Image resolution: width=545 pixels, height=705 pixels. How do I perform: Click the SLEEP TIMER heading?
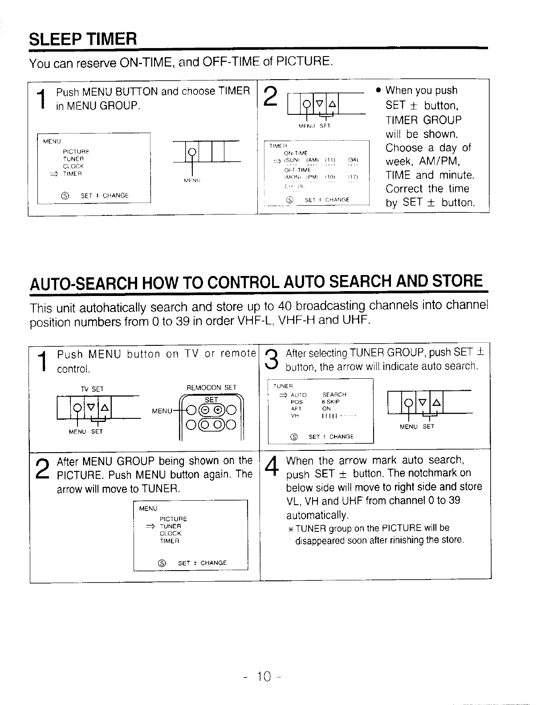(x=82, y=39)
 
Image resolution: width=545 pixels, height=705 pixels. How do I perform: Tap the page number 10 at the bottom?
(x=263, y=677)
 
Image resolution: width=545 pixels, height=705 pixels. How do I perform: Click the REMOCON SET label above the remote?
(x=211, y=388)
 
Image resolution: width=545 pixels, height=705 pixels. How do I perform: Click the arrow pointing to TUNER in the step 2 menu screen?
(x=151, y=526)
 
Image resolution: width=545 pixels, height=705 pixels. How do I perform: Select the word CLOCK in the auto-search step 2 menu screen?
(x=171, y=533)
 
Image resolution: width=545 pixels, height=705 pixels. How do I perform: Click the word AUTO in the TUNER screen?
(x=298, y=395)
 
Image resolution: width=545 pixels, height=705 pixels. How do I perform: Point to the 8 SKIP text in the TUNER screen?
(x=331, y=401)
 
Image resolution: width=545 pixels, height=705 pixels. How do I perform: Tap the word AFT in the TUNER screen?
(x=296, y=409)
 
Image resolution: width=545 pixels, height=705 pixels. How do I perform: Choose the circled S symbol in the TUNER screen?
(x=294, y=437)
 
